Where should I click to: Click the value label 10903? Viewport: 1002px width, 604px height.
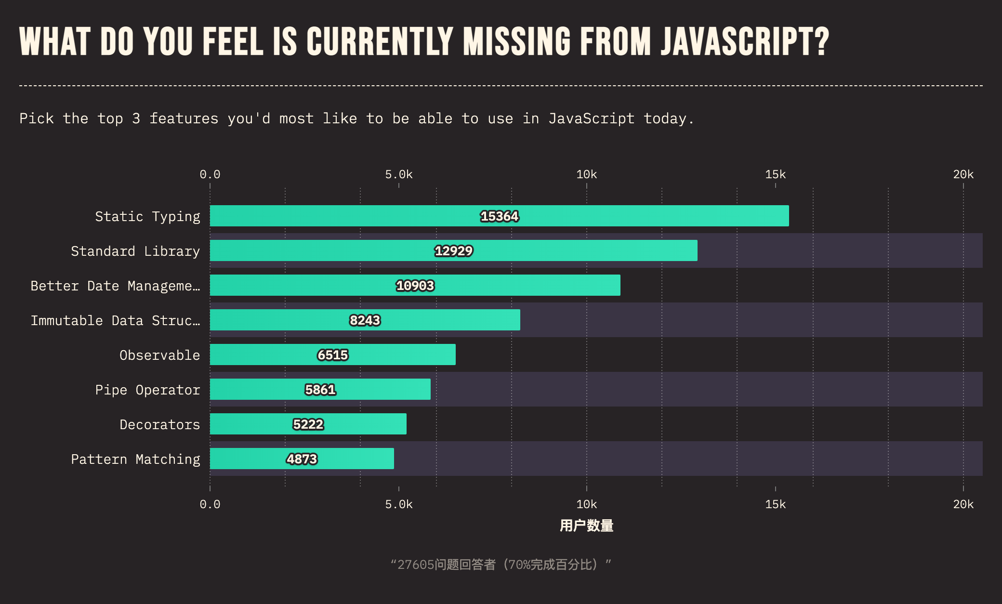click(x=415, y=286)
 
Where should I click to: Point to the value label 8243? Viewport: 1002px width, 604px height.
click(x=365, y=320)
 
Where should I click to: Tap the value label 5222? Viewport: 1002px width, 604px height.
click(x=308, y=424)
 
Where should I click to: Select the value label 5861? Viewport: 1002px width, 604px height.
click(x=320, y=390)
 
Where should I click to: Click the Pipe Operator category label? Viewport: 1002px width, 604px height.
click(x=147, y=390)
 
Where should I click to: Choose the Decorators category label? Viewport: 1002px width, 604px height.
click(x=159, y=424)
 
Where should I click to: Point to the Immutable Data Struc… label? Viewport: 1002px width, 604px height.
click(x=115, y=320)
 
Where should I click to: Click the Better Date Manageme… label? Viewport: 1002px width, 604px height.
click(x=115, y=286)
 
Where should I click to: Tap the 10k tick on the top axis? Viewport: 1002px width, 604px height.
click(x=586, y=174)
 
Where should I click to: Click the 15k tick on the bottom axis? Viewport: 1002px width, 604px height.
click(x=775, y=504)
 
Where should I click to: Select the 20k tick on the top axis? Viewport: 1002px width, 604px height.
click(x=963, y=174)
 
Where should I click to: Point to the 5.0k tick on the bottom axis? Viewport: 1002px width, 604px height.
click(x=398, y=504)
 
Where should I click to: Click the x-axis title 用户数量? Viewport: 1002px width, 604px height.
click(x=586, y=525)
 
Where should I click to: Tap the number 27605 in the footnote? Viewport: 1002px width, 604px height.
click(x=416, y=565)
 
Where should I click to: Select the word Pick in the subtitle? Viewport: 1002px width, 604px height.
click(x=37, y=118)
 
